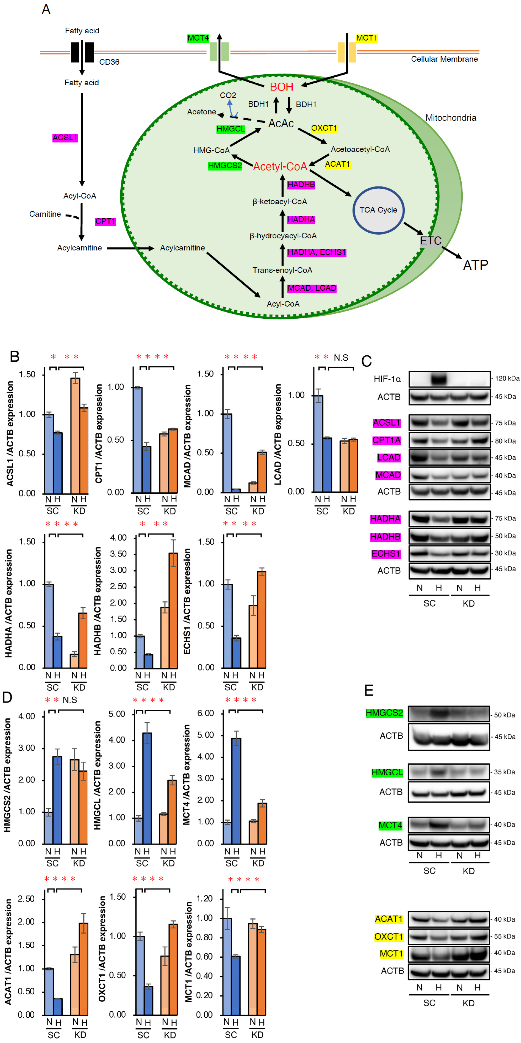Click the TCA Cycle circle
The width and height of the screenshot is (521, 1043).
pyautogui.click(x=378, y=210)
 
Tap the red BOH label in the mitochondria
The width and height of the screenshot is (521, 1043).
pyautogui.click(x=282, y=87)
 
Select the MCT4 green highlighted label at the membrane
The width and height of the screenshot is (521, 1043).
pyautogui.click(x=198, y=38)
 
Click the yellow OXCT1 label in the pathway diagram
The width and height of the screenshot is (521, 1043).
pyautogui.click(x=324, y=128)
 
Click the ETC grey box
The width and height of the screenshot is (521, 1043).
pyautogui.click(x=430, y=241)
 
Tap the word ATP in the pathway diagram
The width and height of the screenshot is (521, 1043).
pyautogui.click(x=475, y=265)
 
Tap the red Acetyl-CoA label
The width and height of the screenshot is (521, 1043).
pyautogui.click(x=280, y=166)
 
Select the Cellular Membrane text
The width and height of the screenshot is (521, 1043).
pyautogui.click(x=444, y=59)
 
